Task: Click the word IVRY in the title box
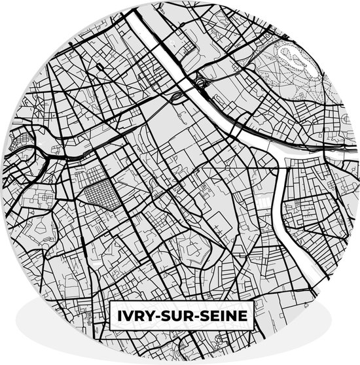click(134, 315)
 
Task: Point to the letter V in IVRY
click(127, 315)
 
